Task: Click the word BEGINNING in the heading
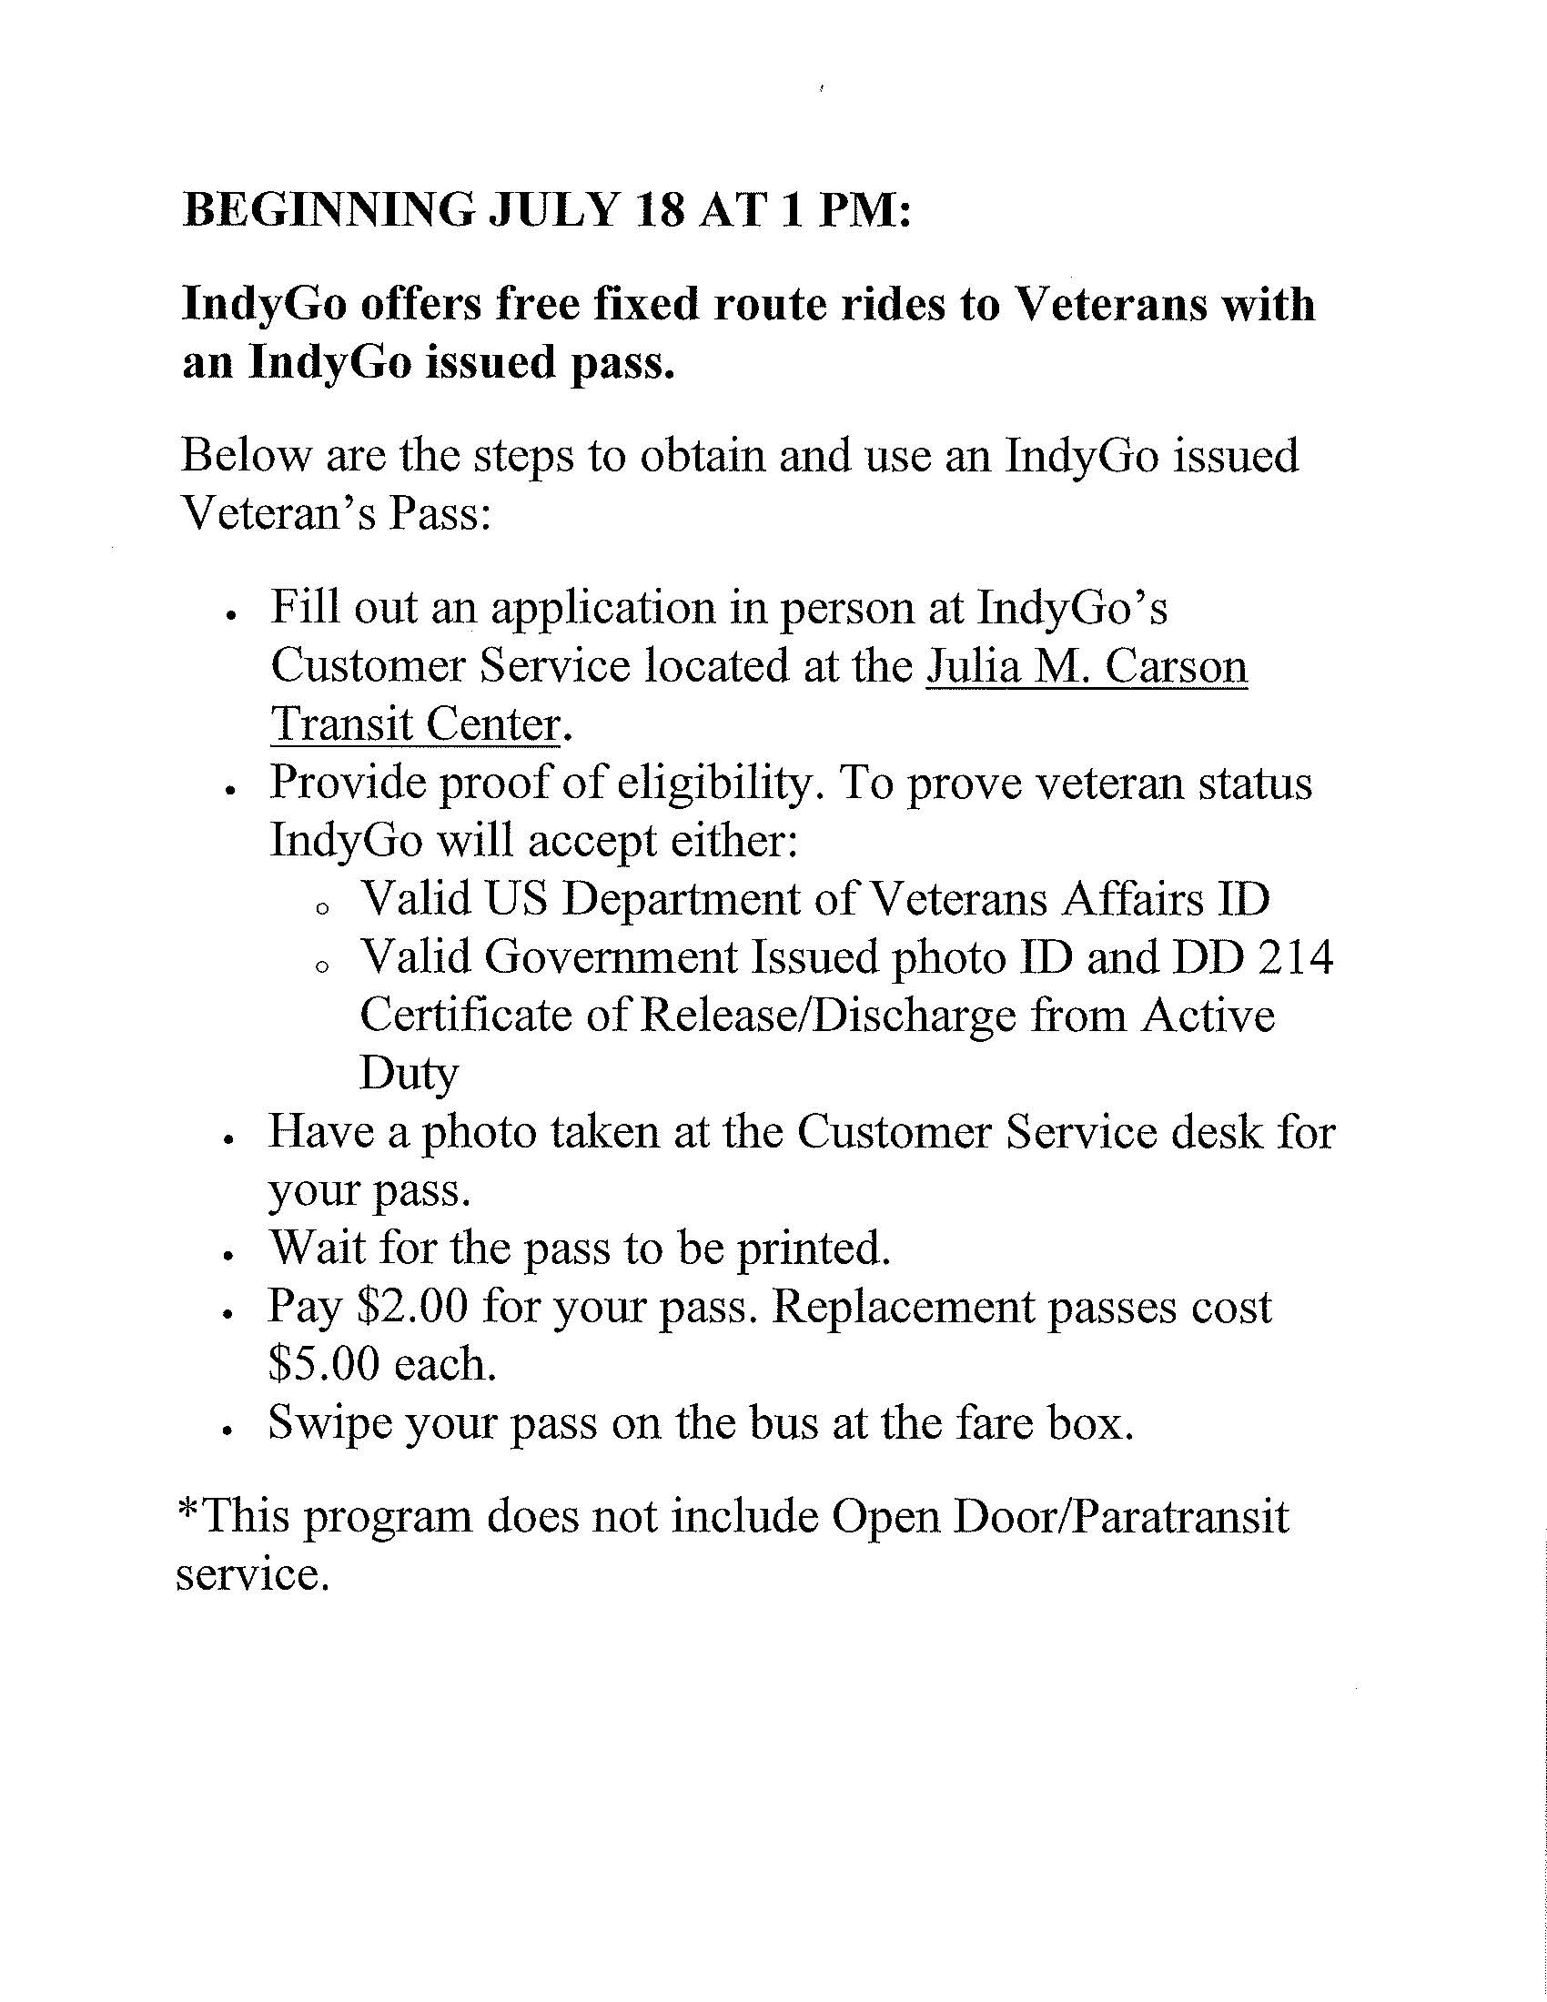[329, 211]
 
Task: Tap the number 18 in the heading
[658, 211]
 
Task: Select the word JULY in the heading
[553, 211]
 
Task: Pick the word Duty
[408, 1074]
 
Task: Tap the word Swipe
[329, 1422]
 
